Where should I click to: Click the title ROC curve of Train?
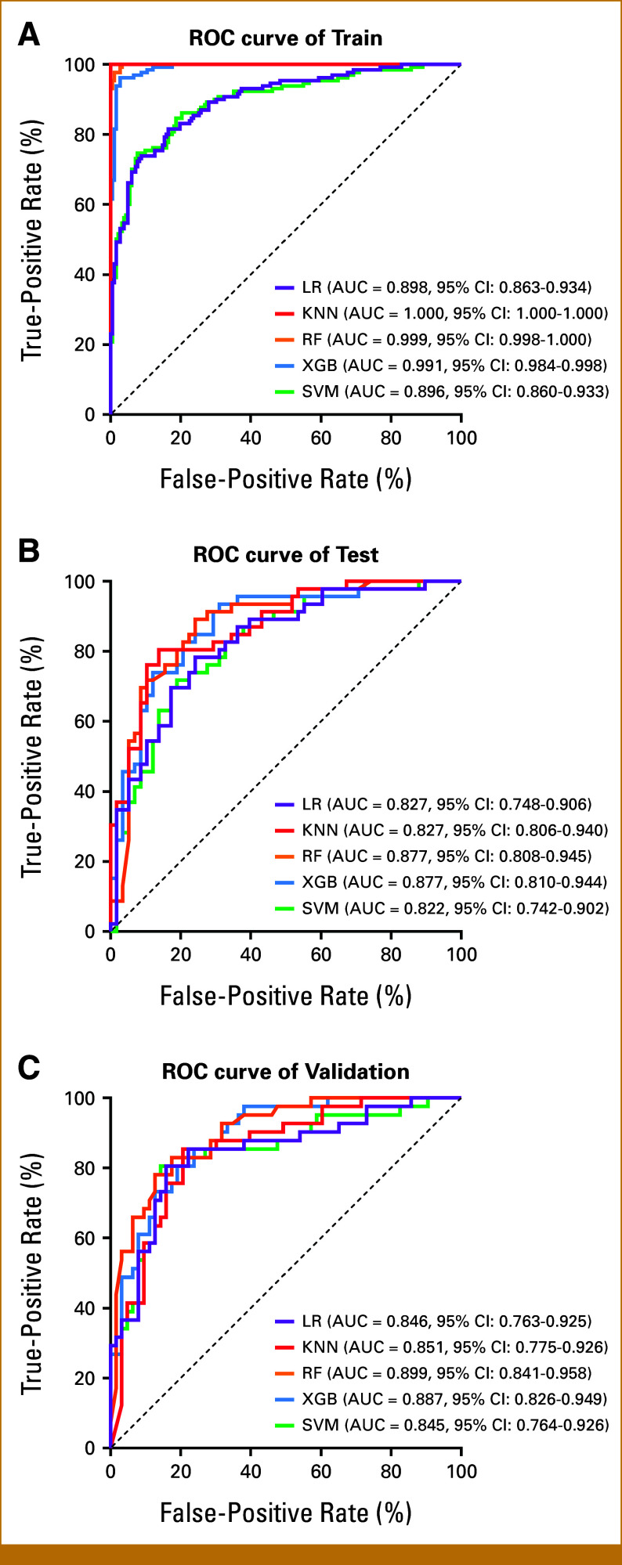(285, 38)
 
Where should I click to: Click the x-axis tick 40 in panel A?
(251, 437)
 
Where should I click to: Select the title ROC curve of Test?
(285, 555)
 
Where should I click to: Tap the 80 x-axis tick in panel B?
(391, 954)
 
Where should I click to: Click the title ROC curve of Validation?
(285, 1072)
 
